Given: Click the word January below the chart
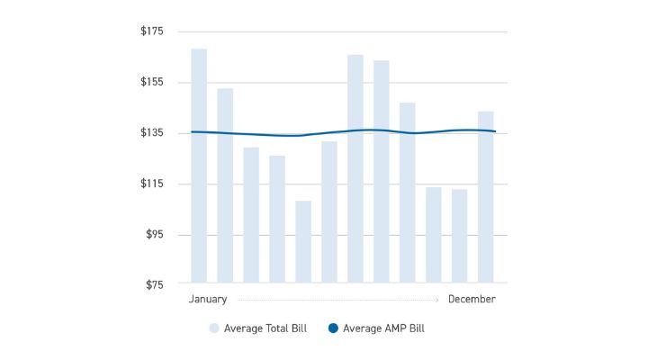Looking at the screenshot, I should coord(208,299).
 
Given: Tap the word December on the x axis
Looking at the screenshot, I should coord(472,299).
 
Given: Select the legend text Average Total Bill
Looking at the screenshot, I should coord(265,328).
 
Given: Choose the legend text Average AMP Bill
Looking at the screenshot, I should coord(383,328).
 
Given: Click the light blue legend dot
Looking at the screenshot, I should coord(214,328).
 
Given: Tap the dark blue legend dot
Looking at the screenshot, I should coord(333,328).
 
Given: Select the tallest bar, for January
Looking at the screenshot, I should coord(199,166).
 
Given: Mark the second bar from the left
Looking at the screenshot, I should coord(225,185).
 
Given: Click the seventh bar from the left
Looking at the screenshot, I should coord(355,168).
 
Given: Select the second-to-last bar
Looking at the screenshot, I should coord(460,236).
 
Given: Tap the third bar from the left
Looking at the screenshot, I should coord(251,215).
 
